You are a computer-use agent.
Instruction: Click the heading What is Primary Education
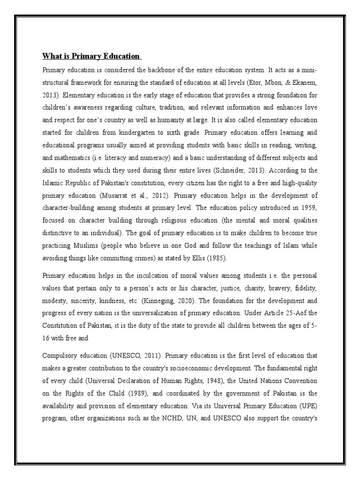91,57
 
